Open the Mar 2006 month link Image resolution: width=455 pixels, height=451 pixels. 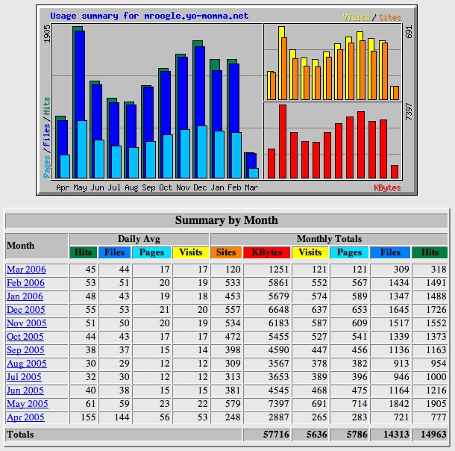tap(26, 270)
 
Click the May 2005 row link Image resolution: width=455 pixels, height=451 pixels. tap(28, 404)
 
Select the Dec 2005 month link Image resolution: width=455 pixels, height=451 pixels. tap(26, 310)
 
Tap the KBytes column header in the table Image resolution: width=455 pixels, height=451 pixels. tap(267, 252)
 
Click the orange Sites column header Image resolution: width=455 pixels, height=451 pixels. tap(226, 252)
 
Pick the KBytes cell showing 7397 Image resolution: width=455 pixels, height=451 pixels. tap(278, 404)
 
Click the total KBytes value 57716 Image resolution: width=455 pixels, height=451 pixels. tap(276, 435)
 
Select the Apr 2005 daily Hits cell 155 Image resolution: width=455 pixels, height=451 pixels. tap(87, 417)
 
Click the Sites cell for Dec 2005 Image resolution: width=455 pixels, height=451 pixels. tap(233, 310)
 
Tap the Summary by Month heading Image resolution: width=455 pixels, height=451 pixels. tap(226, 220)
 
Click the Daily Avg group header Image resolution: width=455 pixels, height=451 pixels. tap(139, 239)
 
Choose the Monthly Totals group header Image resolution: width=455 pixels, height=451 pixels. tap(329, 239)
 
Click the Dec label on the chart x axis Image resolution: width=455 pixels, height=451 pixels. tap(200, 187)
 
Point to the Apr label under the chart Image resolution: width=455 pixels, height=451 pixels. tap(63, 188)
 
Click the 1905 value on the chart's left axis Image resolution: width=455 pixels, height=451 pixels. tap(47, 34)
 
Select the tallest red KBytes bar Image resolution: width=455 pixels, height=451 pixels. tap(283, 141)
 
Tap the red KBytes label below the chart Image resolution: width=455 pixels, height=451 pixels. tap(387, 188)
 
